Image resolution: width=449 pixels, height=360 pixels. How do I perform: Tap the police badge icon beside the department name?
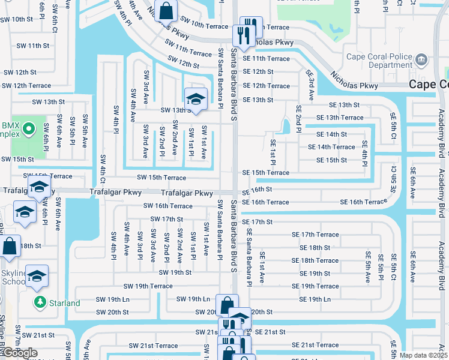(421, 59)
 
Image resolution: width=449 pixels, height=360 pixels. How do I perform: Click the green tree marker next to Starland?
(40, 302)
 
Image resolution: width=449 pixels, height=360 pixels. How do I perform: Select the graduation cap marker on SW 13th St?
(195, 98)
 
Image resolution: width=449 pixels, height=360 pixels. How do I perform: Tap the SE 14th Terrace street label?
(331, 147)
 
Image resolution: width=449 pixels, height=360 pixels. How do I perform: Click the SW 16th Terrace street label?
(167, 206)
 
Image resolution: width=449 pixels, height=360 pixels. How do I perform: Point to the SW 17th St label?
(166, 220)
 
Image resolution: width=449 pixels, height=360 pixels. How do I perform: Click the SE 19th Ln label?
(315, 299)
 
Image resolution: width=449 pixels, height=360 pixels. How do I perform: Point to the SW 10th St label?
(16, 19)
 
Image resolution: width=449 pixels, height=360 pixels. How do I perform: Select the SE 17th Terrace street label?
(316, 235)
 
